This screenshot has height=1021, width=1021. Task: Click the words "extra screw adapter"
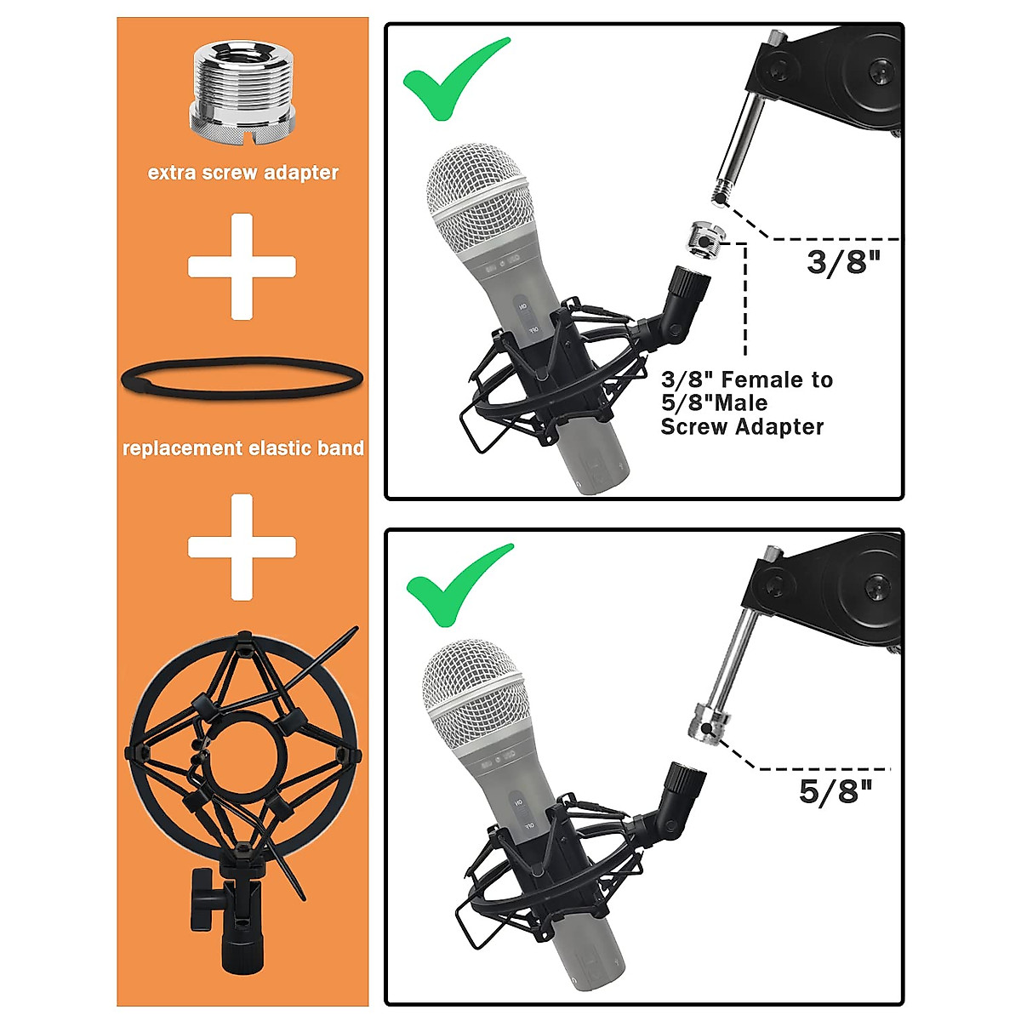(242, 173)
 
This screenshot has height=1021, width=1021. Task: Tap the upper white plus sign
(242, 266)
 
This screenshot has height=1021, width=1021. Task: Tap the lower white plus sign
(242, 546)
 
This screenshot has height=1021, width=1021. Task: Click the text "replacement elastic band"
(242, 448)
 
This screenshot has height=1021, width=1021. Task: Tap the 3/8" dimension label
(841, 262)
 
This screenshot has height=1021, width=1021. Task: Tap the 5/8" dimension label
(836, 791)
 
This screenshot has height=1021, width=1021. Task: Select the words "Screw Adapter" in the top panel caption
(742, 427)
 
